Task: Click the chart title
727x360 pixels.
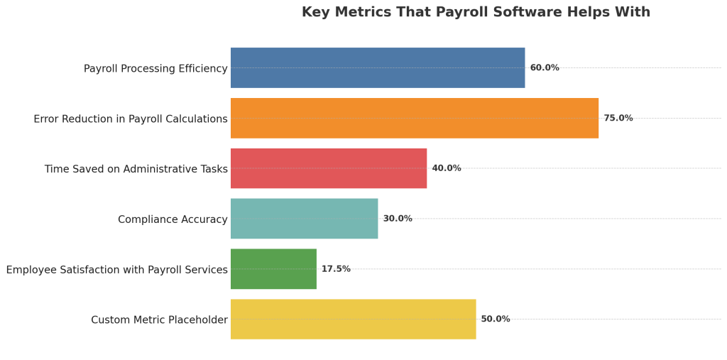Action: pyautogui.click(x=476, y=12)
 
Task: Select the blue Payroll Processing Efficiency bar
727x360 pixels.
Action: pyautogui.click(x=378, y=68)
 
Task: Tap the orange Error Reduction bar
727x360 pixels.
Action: pyautogui.click(x=415, y=118)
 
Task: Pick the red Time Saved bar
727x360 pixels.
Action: pyautogui.click(x=329, y=168)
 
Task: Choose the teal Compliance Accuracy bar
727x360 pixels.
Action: pyautogui.click(x=304, y=219)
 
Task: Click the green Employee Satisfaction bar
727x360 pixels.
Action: pyautogui.click(x=273, y=269)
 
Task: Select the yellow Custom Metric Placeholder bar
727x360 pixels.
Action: pyautogui.click(x=353, y=319)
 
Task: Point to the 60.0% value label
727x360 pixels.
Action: pyautogui.click(x=545, y=68)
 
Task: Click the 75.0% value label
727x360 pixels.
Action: pyautogui.click(x=618, y=118)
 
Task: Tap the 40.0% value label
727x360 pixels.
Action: pyautogui.click(x=447, y=168)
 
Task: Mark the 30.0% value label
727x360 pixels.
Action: pyautogui.click(x=398, y=219)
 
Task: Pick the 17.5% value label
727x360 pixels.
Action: pyautogui.click(x=336, y=269)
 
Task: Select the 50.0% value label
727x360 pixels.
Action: pyautogui.click(x=496, y=319)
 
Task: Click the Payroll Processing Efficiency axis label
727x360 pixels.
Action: pyautogui.click(x=155, y=69)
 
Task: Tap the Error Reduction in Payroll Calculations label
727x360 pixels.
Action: pyautogui.click(x=131, y=119)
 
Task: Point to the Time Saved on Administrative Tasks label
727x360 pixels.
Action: pyautogui.click(x=136, y=169)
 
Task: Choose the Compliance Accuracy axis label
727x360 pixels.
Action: pyautogui.click(x=173, y=219)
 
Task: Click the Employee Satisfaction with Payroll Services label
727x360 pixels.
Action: pyautogui.click(x=117, y=270)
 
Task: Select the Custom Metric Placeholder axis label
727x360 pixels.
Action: pyautogui.click(x=159, y=320)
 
